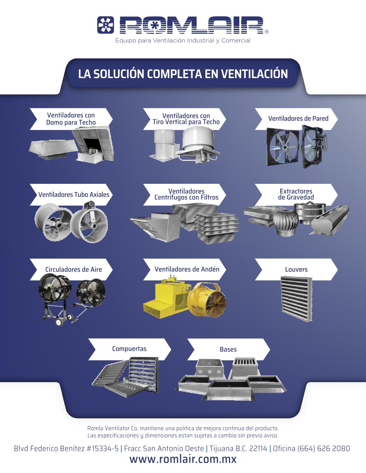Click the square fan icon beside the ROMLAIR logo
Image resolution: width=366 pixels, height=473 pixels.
coord(105,25)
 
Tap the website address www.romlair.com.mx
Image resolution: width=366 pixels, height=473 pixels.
coord(183,459)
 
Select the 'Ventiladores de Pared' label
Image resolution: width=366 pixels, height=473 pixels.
coord(298,119)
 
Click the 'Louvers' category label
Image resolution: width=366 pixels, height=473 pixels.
coord(296,269)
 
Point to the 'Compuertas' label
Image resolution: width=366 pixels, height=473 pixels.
coord(129,349)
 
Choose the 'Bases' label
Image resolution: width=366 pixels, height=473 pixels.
coord(228,349)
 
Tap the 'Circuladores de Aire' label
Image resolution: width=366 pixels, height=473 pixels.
coord(74,269)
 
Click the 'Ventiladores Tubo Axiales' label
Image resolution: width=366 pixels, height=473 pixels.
coord(74,195)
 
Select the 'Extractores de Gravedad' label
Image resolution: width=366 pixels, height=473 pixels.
coord(296,194)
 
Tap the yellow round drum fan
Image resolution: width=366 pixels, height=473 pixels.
coord(206,300)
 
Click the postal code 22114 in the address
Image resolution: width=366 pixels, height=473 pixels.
coord(258,448)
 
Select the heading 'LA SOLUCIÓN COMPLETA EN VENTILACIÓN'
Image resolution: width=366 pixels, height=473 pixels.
coord(183,74)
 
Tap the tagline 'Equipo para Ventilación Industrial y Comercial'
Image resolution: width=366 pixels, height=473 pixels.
coord(183,41)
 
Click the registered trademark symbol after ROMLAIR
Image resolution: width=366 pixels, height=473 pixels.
coord(267,32)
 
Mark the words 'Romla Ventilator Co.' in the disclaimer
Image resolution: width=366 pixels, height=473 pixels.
coord(113,428)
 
